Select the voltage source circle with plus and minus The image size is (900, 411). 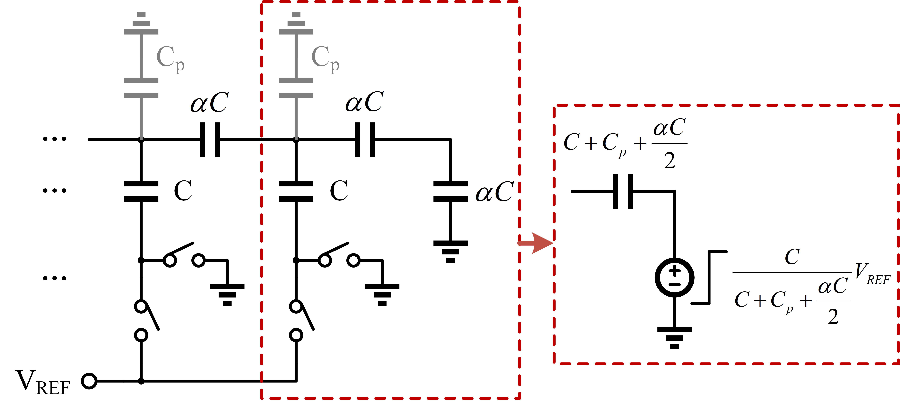pos(674,278)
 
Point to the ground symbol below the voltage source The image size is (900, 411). pos(674,338)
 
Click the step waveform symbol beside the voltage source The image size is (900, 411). pos(709,277)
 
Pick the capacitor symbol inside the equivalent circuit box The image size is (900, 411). pos(623,191)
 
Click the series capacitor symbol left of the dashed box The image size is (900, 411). pos(210,140)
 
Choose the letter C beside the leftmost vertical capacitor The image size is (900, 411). pos(183,191)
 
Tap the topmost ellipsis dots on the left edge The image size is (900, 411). pos(55,139)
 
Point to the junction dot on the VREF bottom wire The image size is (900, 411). pos(141,381)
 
